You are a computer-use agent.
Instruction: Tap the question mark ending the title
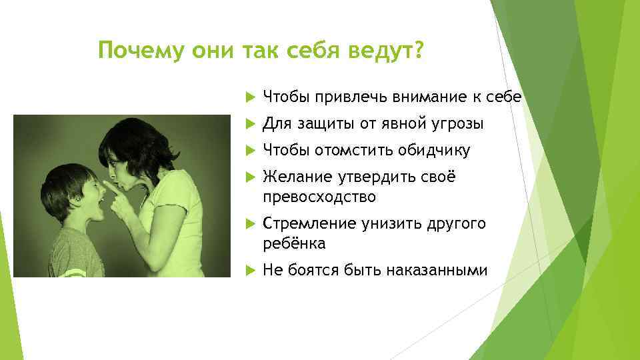point(417,51)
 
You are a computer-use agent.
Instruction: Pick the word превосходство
point(319,197)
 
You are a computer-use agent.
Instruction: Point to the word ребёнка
point(294,244)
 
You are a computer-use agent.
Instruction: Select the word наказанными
point(443,271)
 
